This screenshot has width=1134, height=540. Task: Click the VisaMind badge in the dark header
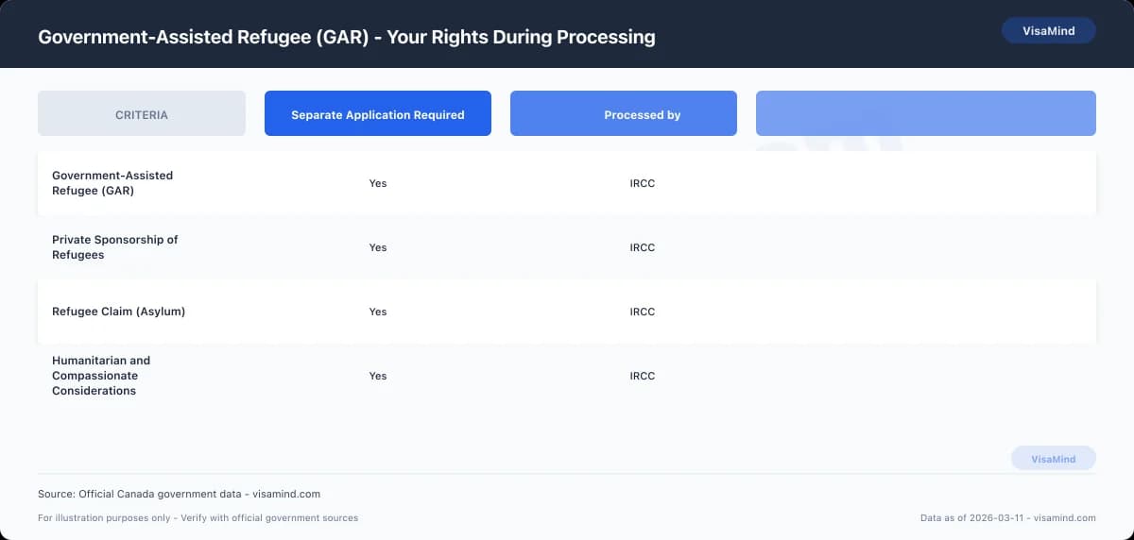tap(1048, 31)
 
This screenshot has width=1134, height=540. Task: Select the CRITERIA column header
tap(142, 114)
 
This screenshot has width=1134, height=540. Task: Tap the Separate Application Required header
tap(378, 114)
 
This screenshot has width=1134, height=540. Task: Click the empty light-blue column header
tap(926, 114)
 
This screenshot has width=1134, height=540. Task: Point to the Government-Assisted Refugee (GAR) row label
tap(112, 183)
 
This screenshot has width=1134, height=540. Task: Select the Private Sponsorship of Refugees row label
tap(114, 247)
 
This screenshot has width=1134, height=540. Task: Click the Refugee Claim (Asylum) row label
tap(118, 312)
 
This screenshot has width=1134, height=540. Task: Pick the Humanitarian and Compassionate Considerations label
tap(101, 376)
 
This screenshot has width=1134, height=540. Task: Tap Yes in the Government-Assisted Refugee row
tap(378, 183)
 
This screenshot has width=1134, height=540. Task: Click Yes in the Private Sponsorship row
tap(378, 247)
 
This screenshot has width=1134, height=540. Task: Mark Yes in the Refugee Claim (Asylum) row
tap(378, 312)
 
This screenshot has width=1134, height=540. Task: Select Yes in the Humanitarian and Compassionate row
tap(378, 376)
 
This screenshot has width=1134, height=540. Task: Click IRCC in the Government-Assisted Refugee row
tap(643, 183)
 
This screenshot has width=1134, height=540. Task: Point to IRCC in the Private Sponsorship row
tap(643, 247)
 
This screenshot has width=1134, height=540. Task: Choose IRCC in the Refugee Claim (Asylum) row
tap(643, 312)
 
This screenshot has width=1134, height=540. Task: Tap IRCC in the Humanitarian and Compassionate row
tap(643, 376)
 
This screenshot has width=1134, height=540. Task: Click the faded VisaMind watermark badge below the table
tap(1053, 459)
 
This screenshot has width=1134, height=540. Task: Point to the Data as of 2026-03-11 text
tap(1007, 518)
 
